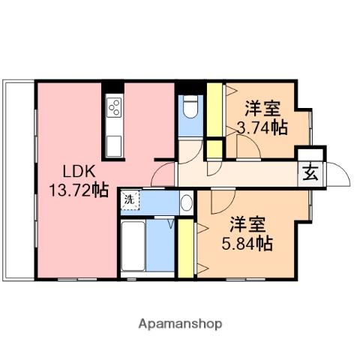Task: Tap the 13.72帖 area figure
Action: [x=78, y=190]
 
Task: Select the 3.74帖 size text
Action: [x=262, y=127]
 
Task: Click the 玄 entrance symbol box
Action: [x=310, y=173]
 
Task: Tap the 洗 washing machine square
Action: [x=129, y=199]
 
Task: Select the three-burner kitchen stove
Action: [x=114, y=107]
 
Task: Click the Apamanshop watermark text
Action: [x=180, y=324]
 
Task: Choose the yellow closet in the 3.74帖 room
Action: [x=214, y=113]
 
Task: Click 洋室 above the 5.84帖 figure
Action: [x=247, y=223]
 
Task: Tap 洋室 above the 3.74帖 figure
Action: [x=262, y=107]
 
